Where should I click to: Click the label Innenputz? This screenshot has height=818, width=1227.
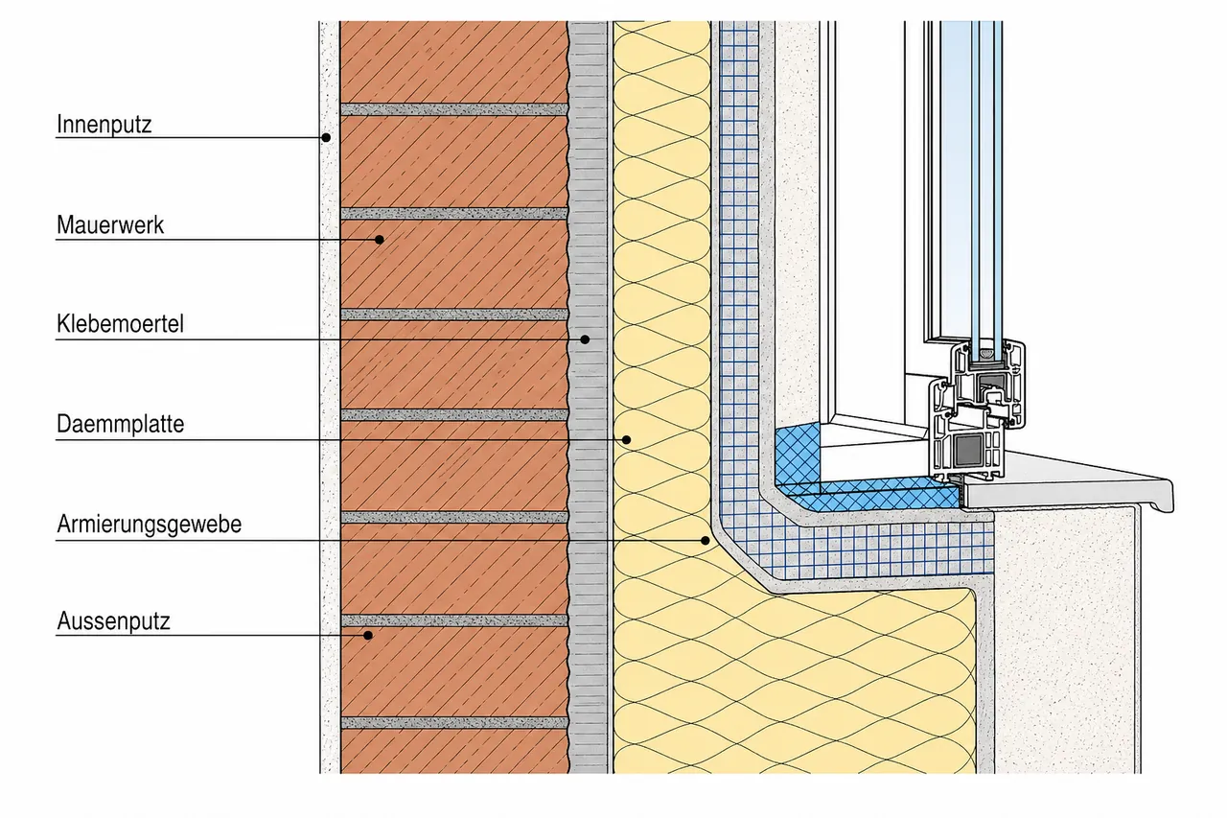(104, 125)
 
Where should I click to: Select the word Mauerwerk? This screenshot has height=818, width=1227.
(110, 225)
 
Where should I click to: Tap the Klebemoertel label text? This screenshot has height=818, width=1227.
(120, 324)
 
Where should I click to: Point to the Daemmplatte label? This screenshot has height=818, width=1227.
(120, 424)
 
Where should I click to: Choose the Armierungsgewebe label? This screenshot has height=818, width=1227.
(149, 525)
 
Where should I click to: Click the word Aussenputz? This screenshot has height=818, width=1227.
(113, 621)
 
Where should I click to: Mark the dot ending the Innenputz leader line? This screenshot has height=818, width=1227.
(326, 137)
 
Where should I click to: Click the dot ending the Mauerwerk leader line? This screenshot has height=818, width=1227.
(379, 240)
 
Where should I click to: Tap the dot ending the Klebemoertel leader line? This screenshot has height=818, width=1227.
(585, 339)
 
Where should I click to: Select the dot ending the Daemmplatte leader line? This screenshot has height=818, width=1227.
(627, 440)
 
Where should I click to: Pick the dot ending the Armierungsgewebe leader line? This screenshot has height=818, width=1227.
(706, 541)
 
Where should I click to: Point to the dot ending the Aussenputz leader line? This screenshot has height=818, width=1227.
(368, 636)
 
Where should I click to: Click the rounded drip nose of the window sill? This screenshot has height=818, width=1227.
(1166, 497)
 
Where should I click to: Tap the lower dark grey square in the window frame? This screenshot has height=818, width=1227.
(968, 450)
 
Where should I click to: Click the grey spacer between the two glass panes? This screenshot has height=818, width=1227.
(987, 356)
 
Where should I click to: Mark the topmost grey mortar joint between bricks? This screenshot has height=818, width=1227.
(454, 109)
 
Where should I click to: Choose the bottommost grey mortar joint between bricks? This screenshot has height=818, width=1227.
(454, 723)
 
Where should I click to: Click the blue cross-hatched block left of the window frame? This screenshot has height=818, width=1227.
(799, 454)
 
